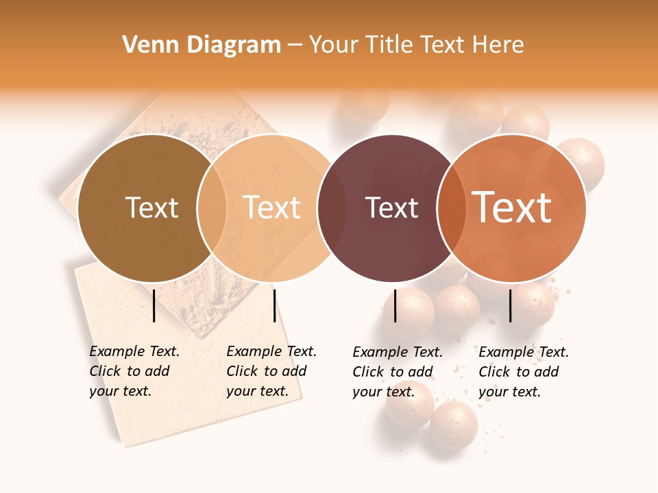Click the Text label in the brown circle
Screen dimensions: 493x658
(151, 207)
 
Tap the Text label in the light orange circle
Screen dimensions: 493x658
(272, 207)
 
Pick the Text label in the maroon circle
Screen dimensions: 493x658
(391, 208)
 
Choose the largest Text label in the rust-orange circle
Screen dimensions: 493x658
(512, 207)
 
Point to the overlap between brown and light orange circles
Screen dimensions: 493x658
(212, 208)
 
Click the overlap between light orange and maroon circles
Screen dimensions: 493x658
(332, 208)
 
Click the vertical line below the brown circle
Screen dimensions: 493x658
(154, 305)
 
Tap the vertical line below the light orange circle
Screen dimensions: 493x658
(274, 305)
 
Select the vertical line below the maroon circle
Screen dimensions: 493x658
(395, 305)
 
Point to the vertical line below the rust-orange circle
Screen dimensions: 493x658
(510, 305)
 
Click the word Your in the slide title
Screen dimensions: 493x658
(333, 45)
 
